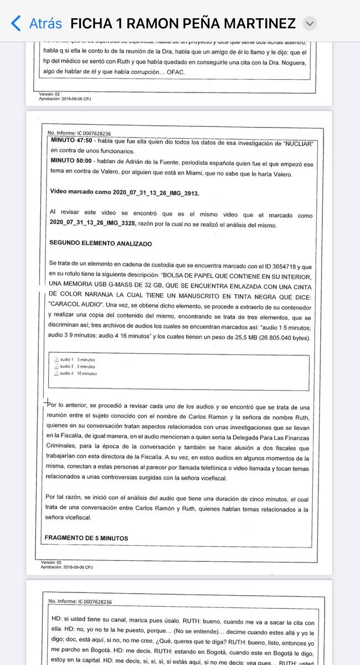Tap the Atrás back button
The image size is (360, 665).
37,23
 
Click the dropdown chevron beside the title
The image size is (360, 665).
310,23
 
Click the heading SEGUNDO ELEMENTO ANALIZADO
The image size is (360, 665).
100,243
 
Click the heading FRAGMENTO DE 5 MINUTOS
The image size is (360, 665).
86,538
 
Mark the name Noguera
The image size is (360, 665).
291,63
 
